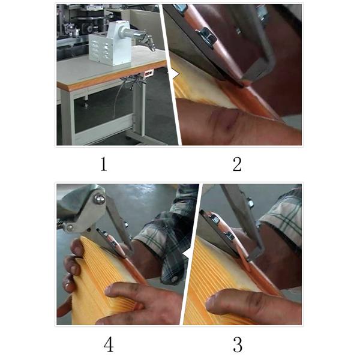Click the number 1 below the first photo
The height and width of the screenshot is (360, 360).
coord(104,164)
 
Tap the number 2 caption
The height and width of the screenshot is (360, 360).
coord(237,164)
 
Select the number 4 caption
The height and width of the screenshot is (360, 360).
coord(109,345)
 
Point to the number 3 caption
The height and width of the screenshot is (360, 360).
coord(238,345)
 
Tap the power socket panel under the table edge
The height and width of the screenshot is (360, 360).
coord(149,73)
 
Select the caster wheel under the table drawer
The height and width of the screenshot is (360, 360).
coord(86,104)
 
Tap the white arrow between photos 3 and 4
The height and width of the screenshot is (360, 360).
coord(186,254)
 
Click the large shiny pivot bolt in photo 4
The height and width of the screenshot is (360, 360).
coord(100,199)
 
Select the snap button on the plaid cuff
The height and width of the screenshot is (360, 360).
coord(174,279)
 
